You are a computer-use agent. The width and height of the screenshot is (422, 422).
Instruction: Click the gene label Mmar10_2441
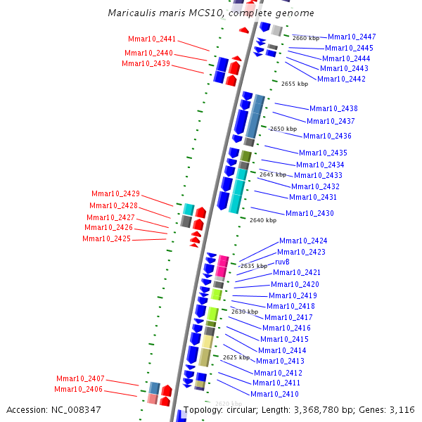(152, 39)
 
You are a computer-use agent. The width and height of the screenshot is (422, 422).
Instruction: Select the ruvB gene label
(282, 262)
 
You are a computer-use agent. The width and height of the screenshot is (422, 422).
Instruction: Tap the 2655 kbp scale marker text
(294, 84)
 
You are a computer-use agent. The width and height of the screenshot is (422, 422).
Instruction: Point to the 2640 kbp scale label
(263, 220)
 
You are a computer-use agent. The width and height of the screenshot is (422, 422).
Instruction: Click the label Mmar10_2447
(352, 37)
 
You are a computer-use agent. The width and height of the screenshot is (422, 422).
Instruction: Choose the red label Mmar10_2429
(115, 193)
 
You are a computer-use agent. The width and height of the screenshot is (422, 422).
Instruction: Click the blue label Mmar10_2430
(309, 213)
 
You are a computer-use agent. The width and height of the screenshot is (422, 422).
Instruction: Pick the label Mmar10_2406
(78, 389)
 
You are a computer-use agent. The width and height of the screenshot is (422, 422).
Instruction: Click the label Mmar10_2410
(274, 394)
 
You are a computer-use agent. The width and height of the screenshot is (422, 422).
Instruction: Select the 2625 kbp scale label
(236, 357)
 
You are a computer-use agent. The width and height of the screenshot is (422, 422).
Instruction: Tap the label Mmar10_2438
(333, 108)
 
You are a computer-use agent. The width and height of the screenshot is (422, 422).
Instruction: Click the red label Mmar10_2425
(106, 238)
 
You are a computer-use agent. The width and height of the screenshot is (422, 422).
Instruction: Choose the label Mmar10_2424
(303, 241)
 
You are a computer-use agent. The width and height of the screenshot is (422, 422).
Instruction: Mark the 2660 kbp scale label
(305, 38)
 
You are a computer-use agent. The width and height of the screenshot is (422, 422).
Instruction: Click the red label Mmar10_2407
(80, 378)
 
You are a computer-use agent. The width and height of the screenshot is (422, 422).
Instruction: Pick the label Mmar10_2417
(288, 317)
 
